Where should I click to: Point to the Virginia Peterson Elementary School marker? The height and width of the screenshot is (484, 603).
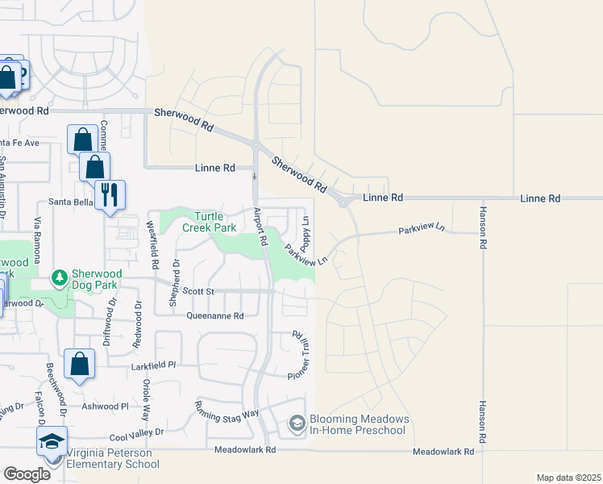point(52,443)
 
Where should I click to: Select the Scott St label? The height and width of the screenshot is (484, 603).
point(197,290)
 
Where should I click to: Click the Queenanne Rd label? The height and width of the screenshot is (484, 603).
point(214,316)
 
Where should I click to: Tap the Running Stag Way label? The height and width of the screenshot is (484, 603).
point(227,408)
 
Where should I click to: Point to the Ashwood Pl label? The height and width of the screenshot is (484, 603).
point(102,407)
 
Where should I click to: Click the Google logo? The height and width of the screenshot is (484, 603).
point(27,474)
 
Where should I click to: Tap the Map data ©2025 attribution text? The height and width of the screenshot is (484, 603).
point(568,478)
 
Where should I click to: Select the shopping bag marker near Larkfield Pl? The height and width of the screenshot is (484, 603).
point(81,365)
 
